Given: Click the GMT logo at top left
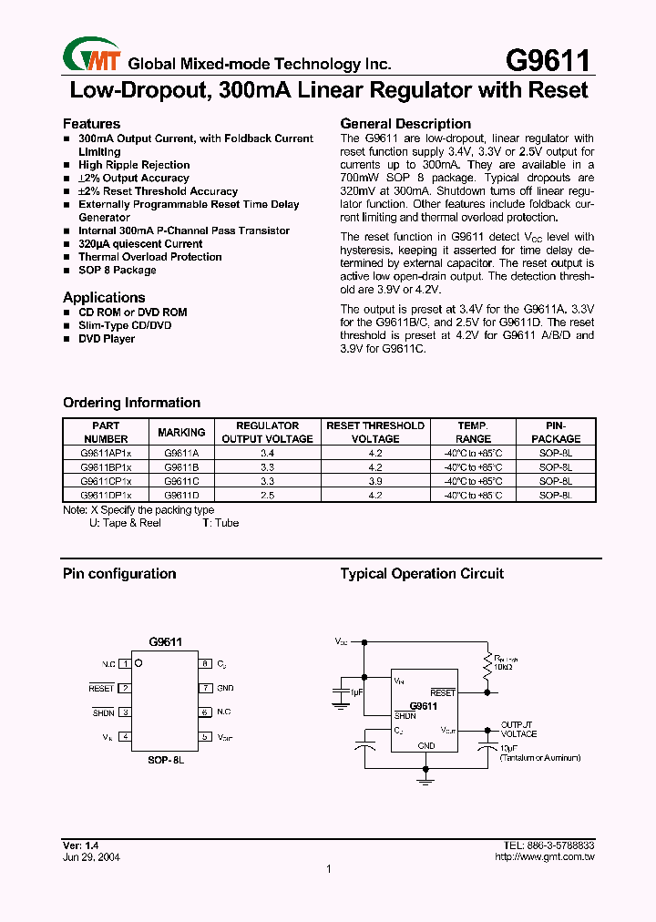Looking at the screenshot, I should coord(92,57).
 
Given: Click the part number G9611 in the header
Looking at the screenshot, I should coord(547,60).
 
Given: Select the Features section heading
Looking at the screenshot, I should coord(91,124).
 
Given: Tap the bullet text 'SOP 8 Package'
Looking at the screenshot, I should coord(117,270).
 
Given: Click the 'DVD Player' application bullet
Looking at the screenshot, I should coord(107,339).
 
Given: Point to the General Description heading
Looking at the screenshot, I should coord(405,124).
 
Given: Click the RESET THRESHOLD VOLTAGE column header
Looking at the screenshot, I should coord(375,432).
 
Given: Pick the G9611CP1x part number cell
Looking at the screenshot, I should coord(106,480).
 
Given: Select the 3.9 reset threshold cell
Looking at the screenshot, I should coord(375,480).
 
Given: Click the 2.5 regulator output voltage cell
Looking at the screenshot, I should coord(267,495).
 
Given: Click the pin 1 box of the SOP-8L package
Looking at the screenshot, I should coord(125,664).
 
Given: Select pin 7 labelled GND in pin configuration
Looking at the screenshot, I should coord(207,688).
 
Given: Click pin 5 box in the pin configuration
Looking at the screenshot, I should coord(207,736).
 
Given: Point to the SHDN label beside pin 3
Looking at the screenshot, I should coord(103,712).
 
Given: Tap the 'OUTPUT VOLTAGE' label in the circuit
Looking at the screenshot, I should coord(518,729).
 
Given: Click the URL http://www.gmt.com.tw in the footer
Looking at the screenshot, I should coord(544,857).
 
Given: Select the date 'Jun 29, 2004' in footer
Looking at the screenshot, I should coord(91,857).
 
